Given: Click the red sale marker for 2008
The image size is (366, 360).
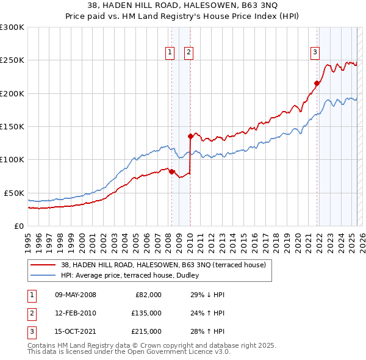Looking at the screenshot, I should click(x=171, y=171).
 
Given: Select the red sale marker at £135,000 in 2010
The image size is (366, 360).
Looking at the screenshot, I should click(x=190, y=136).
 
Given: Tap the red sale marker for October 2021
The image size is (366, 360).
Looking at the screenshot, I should click(x=317, y=84).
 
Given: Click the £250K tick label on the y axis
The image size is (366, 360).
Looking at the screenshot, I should click(x=12, y=60).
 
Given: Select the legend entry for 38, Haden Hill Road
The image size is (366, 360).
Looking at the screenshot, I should click(x=163, y=265).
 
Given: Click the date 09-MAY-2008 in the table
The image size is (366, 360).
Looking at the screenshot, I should click(x=76, y=295).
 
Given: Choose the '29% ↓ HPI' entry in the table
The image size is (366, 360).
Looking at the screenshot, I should click(x=207, y=295).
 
